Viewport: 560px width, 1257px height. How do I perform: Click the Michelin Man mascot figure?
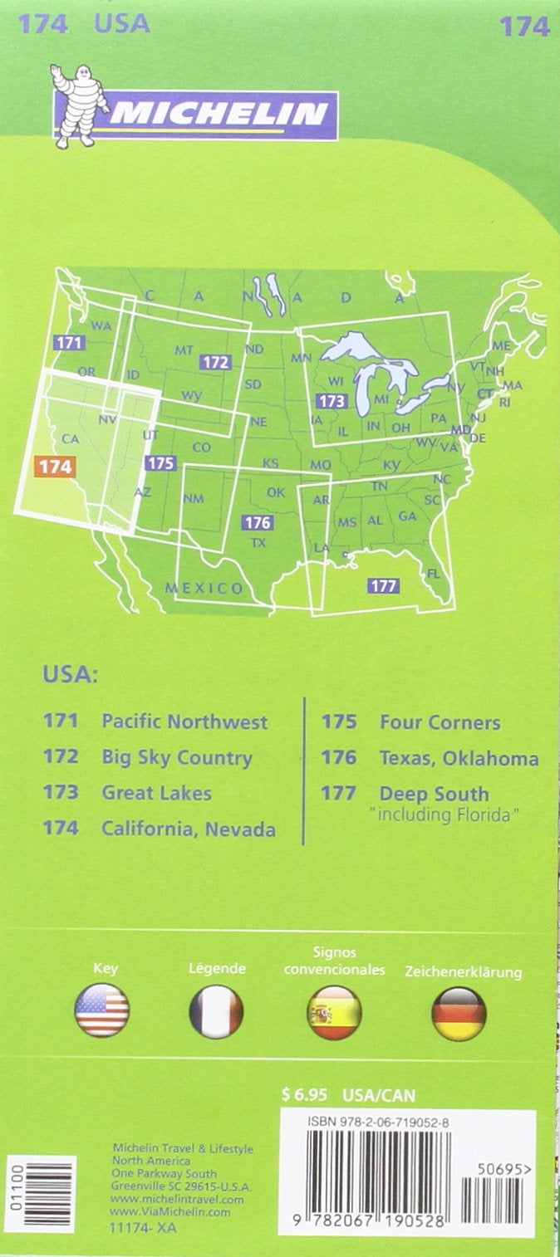click(x=78, y=106)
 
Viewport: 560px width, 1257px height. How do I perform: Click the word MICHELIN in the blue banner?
click(x=219, y=114)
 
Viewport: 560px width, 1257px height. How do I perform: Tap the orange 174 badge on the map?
click(x=56, y=467)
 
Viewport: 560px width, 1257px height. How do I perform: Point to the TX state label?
click(x=258, y=543)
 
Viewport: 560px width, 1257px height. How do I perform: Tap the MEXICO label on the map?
click(x=204, y=589)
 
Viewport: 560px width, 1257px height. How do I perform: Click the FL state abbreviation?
click(x=433, y=574)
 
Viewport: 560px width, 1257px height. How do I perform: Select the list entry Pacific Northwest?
click(x=184, y=721)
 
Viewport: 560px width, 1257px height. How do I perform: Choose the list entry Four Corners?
click(x=440, y=722)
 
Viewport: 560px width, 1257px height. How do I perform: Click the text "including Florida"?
click(x=445, y=815)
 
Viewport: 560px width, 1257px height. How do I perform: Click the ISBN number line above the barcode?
click(x=378, y=1122)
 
